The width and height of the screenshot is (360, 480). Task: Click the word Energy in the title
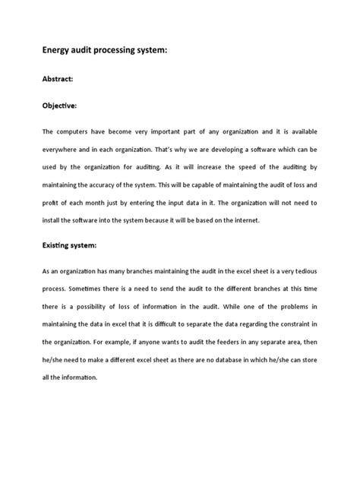(60, 51)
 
